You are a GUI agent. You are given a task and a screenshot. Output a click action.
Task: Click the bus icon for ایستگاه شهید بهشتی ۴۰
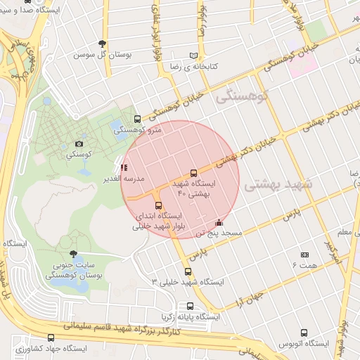(x=194, y=173)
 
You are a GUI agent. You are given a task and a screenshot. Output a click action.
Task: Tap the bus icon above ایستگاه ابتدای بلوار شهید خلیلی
(x=158, y=205)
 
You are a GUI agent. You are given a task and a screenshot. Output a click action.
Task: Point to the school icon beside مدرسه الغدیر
(x=124, y=167)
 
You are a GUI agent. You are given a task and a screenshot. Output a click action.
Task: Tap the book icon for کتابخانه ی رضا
(x=194, y=56)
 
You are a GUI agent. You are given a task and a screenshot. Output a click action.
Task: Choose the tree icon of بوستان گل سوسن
(x=103, y=44)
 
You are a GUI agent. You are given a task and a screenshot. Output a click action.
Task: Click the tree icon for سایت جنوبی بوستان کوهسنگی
(x=74, y=255)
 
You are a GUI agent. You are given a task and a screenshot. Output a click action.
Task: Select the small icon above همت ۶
(x=304, y=255)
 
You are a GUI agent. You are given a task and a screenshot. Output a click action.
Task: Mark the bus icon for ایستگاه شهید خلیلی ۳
(x=188, y=271)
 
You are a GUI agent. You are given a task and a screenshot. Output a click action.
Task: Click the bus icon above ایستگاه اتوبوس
(x=304, y=333)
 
